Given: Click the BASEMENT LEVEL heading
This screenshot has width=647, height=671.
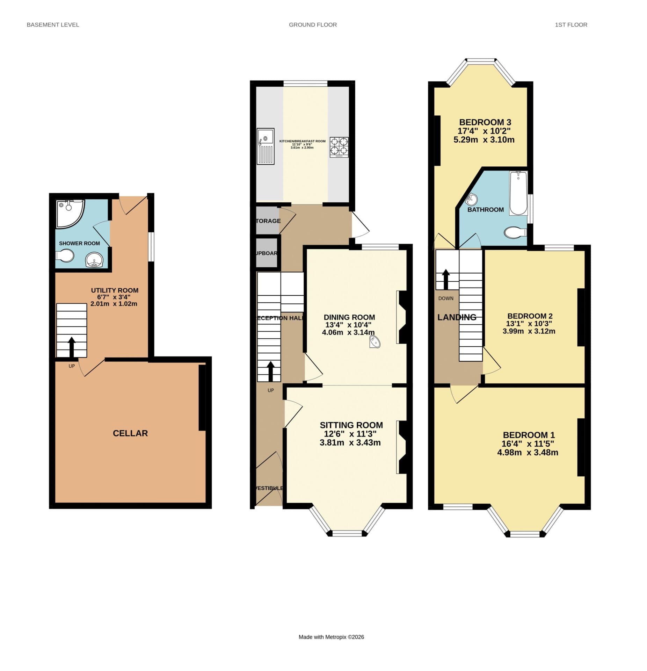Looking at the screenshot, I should click(53, 25).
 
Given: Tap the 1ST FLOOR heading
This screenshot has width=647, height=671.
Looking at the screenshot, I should click(570, 25).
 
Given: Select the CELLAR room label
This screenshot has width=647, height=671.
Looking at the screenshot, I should click(130, 433).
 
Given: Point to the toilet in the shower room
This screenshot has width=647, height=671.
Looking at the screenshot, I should click(65, 256).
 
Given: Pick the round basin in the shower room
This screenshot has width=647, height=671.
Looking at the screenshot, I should click(94, 260).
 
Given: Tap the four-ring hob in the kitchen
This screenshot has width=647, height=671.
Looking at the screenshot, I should click(339, 147).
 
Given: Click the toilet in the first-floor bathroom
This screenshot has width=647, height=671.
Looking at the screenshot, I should click(515, 232).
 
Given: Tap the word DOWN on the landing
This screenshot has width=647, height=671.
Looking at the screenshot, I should click(445, 298).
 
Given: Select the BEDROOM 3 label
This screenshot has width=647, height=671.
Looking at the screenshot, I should click(485, 122).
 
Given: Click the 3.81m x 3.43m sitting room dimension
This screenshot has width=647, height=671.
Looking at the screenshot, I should click(350, 442).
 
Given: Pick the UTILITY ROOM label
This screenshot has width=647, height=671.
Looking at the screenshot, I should click(115, 290).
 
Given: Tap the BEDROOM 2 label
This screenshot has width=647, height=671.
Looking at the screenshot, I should click(529, 316).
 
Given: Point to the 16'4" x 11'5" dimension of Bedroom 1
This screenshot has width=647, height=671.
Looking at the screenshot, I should click(528, 444).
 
